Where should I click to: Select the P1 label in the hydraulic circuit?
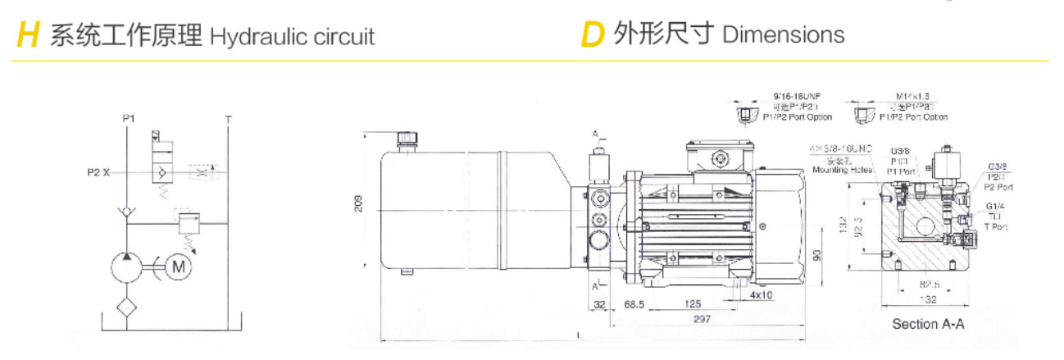pos(129,119)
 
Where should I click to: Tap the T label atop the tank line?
pos(229,119)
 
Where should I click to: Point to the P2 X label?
pos(98,172)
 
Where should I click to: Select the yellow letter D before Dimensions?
pos(592,35)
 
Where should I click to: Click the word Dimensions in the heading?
pos(783,34)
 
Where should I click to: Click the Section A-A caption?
pos(928,324)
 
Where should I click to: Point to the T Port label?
pos(995,226)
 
